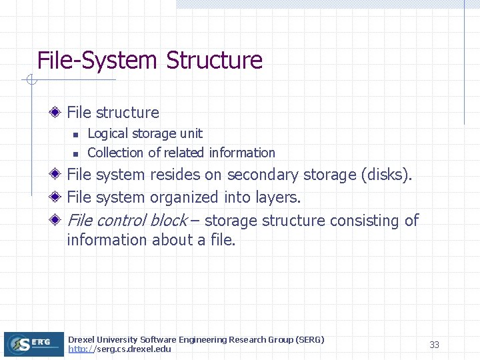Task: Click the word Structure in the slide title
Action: [x=214, y=61]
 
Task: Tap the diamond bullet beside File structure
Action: [x=57, y=112]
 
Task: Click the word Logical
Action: [x=107, y=134]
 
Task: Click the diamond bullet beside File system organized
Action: [x=57, y=197]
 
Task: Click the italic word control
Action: [x=121, y=220]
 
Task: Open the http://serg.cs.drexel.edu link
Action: [x=119, y=349]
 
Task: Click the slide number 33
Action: [x=434, y=345]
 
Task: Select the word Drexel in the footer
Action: [x=81, y=340]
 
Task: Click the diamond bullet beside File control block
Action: [x=57, y=220]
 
